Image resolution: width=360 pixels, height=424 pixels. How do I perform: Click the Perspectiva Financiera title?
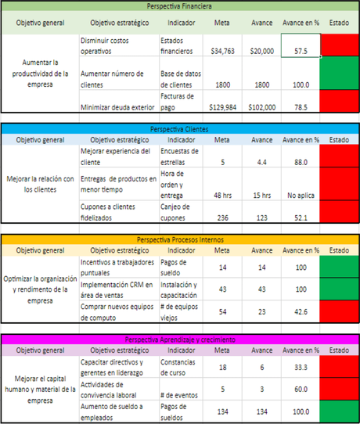[179, 6]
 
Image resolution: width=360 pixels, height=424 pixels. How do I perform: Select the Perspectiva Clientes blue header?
[179, 128]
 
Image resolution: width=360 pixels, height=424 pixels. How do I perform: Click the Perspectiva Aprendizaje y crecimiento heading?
[179, 339]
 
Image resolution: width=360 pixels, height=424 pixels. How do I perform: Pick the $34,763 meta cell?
[222, 51]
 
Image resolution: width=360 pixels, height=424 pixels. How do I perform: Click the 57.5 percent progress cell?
[300, 51]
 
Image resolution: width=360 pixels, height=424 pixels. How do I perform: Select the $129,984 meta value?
[222, 106]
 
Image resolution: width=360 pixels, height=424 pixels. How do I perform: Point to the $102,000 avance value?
[261, 106]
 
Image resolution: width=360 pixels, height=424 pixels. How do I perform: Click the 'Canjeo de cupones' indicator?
[178, 211]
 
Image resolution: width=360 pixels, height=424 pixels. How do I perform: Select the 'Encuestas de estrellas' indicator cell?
[178, 156]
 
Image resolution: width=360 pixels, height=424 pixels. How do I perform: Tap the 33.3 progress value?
[300, 367]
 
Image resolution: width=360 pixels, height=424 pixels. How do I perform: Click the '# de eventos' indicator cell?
[178, 389]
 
